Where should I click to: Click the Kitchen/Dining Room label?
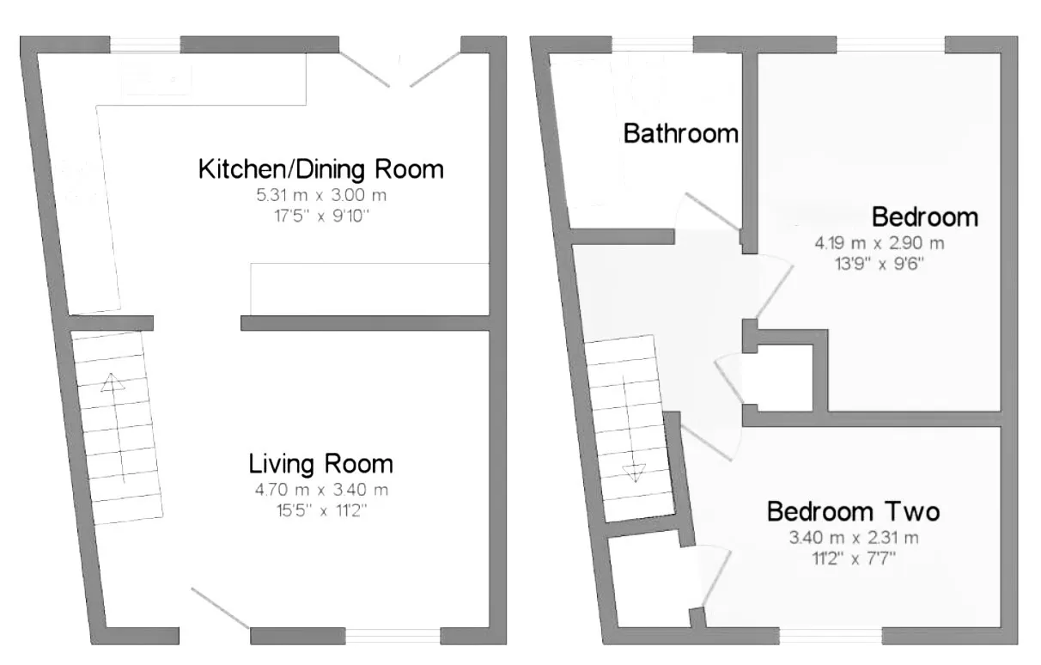320,169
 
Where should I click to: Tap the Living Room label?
320,464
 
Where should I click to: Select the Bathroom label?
681,134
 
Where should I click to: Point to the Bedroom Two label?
853,511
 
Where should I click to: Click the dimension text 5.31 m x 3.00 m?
321,195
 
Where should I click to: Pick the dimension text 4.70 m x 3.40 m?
321,490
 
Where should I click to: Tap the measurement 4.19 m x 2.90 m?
880,243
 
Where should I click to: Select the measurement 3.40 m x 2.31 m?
854,538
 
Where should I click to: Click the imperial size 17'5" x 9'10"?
321,217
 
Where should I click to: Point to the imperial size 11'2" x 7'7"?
854,558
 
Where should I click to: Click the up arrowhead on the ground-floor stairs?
112,382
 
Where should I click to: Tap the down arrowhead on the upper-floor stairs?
634,473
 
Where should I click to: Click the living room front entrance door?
220,607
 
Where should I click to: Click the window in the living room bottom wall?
393,636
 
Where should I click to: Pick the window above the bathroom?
652,45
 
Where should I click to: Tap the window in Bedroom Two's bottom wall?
831,636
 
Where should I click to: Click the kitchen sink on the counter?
156,79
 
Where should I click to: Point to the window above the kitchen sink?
145,45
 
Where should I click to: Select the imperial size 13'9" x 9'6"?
880,264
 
